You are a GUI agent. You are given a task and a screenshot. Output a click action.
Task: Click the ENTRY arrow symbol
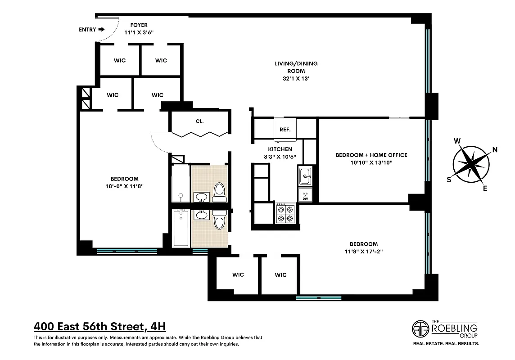point(101,30)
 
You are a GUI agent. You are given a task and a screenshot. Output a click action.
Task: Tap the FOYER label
point(139,25)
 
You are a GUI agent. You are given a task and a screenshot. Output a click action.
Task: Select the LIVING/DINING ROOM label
point(296,67)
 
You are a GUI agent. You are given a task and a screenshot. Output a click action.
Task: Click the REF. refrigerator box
point(285,129)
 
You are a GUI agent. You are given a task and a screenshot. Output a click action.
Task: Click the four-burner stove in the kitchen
point(285,213)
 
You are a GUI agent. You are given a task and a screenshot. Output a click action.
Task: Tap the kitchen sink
point(305,175)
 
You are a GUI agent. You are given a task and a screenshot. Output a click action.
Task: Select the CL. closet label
point(199,121)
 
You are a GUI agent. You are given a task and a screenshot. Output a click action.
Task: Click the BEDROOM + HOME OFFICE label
point(371,155)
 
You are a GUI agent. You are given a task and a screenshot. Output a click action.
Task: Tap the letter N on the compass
point(495,150)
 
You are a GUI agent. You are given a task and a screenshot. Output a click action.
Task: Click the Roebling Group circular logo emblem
point(421,328)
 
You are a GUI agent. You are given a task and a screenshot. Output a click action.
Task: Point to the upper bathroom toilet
point(219,192)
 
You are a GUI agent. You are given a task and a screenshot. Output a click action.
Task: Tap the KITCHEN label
point(280,149)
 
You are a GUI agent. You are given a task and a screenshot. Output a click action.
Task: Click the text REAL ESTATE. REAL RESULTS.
point(446,343)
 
